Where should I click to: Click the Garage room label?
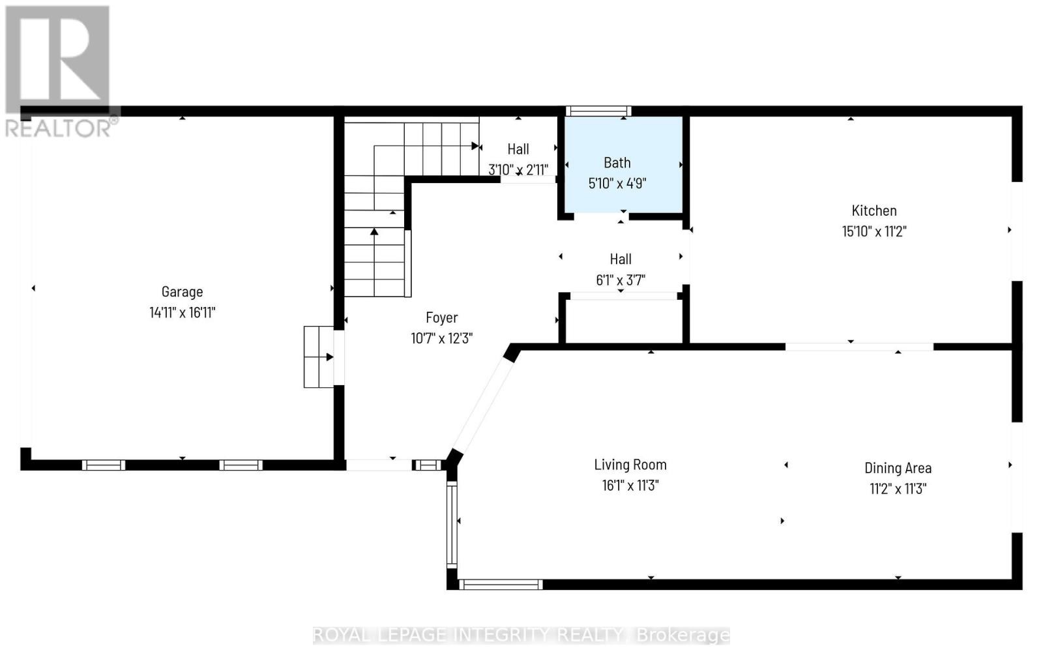click(182, 291)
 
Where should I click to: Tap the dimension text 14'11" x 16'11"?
click(182, 312)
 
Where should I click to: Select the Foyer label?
click(441, 317)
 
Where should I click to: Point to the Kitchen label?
click(874, 211)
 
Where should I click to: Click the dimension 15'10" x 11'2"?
click(874, 231)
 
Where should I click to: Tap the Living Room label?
click(630, 465)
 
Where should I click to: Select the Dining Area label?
click(897, 468)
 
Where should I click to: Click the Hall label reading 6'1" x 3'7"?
click(621, 259)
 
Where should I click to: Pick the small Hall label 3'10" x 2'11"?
click(518, 149)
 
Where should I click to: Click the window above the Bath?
click(598, 111)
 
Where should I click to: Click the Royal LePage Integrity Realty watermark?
click(521, 635)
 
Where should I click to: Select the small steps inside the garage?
click(319, 357)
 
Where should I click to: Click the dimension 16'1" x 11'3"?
click(630, 486)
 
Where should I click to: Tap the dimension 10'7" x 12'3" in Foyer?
click(441, 338)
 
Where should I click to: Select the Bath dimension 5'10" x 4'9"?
click(617, 183)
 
